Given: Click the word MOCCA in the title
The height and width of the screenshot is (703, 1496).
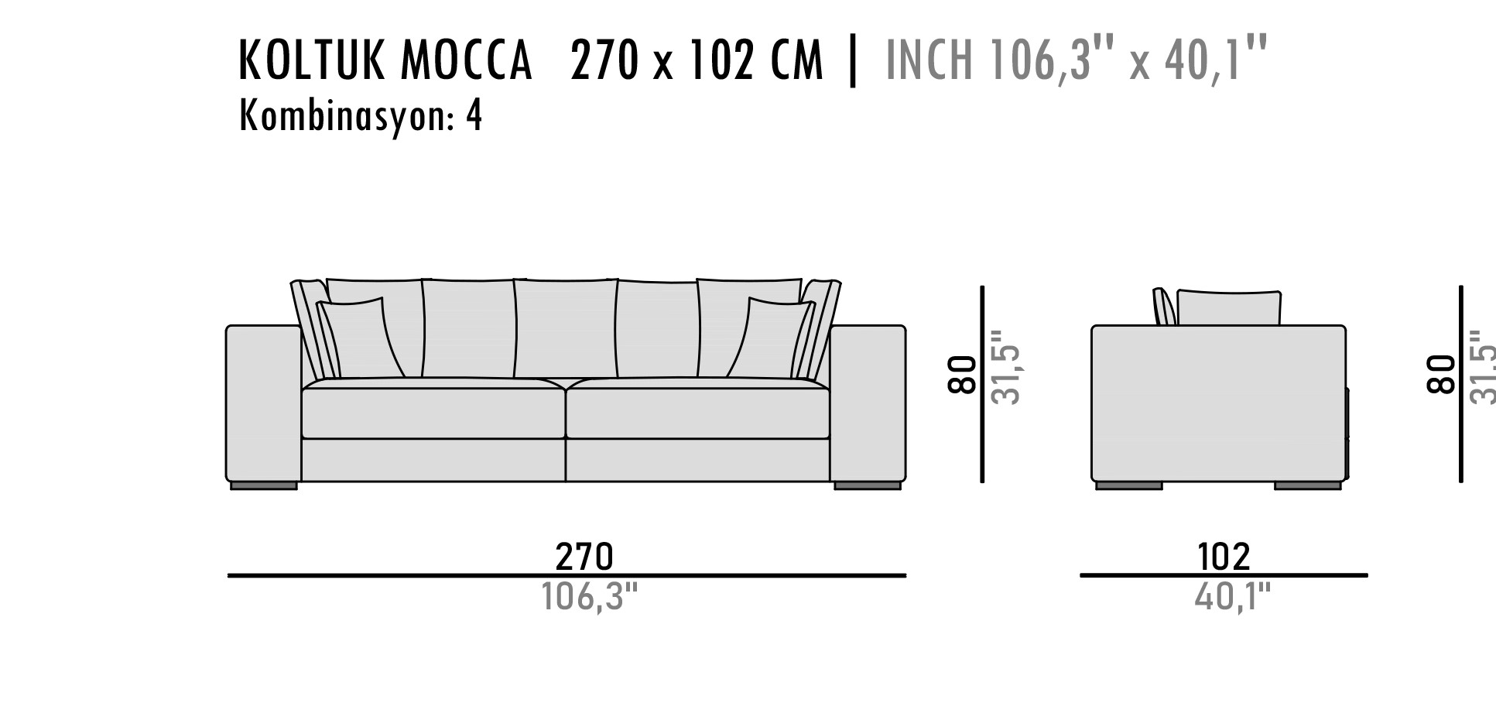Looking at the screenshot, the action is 466,60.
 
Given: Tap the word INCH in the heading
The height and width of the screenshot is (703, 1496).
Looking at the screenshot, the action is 928,60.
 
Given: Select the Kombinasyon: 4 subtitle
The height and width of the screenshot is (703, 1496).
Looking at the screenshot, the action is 361,116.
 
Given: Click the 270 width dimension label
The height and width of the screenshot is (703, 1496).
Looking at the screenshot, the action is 584,556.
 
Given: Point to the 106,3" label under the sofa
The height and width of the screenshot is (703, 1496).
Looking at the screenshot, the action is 590,596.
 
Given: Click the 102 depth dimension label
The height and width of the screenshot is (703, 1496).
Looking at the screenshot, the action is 1224,556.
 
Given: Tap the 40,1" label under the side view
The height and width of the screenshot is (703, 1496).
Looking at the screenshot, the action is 1233,596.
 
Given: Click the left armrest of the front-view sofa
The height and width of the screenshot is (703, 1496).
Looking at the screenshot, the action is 263,403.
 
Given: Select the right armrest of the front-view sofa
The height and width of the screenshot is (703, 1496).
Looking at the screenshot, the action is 868,403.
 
